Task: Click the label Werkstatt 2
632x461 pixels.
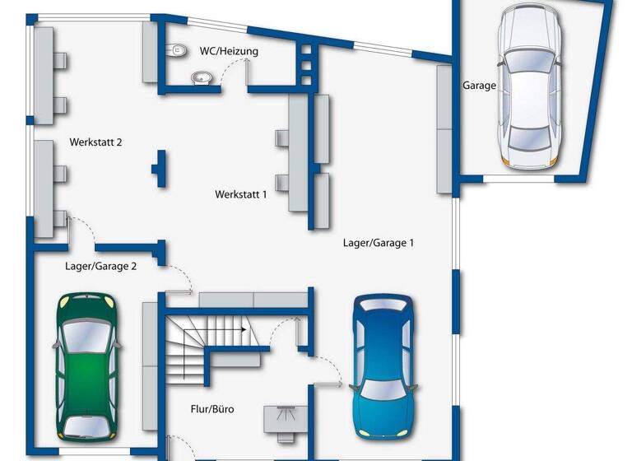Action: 96,142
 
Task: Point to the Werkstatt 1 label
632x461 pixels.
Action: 241,195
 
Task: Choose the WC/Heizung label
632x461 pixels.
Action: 229,51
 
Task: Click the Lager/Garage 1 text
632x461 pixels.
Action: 378,243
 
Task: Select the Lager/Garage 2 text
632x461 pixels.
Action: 100,266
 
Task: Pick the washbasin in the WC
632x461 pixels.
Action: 200,78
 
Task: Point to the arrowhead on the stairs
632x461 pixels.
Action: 244,328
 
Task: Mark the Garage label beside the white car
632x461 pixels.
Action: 479,85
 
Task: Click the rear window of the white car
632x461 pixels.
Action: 529,136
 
